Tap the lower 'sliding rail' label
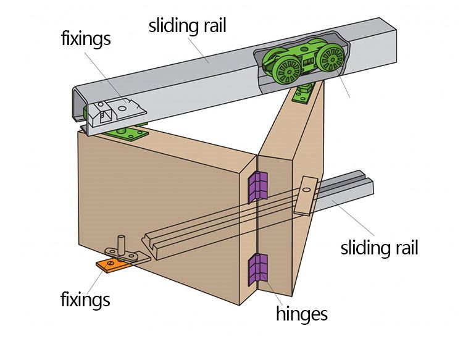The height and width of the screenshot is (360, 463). [379, 248]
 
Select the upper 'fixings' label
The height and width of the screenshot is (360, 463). [86, 38]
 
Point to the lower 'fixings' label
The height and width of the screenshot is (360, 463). [85, 300]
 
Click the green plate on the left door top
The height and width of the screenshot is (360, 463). [128, 133]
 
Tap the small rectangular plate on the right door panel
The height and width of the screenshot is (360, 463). [306, 195]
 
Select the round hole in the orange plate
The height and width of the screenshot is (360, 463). [110, 266]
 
